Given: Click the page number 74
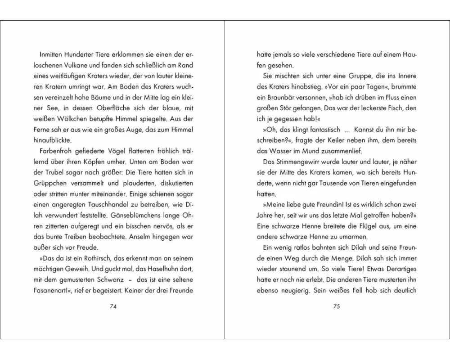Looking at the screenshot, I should click(113, 307).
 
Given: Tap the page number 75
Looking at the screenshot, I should click(336, 307).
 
